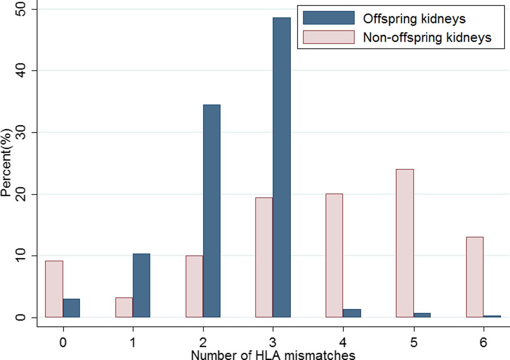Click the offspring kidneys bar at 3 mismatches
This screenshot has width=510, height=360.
click(x=281, y=168)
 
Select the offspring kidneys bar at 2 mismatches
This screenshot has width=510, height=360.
click(x=212, y=211)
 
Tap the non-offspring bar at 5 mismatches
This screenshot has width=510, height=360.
click(x=405, y=243)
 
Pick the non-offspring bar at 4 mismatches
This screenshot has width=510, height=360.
click(x=334, y=256)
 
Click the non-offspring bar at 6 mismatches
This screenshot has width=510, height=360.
click(x=475, y=277)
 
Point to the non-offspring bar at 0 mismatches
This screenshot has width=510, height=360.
click(x=54, y=289)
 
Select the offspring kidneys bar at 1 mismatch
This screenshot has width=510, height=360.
click(x=141, y=285)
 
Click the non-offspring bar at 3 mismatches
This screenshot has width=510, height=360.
click(x=264, y=258)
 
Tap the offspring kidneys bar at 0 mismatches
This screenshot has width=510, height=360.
click(x=72, y=308)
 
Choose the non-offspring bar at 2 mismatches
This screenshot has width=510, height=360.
click(x=194, y=287)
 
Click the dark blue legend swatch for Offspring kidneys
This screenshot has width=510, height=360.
click(x=329, y=18)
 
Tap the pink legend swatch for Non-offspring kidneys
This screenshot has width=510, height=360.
click(x=329, y=37)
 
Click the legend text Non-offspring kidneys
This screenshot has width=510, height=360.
click(x=427, y=37)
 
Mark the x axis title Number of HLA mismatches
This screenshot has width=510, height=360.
click(x=273, y=355)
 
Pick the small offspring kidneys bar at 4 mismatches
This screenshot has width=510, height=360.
click(x=352, y=313)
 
